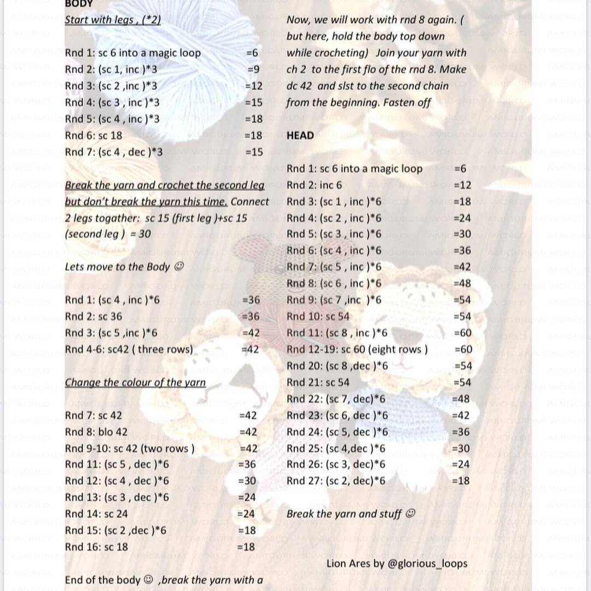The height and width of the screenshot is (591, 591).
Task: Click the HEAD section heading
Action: click(300, 136)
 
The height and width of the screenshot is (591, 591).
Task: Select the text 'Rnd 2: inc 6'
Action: click(314, 185)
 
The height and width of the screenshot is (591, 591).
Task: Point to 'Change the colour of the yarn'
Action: click(135, 383)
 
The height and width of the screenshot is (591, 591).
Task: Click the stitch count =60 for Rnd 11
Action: click(462, 333)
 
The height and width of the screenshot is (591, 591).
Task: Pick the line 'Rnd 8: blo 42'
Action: click(96, 432)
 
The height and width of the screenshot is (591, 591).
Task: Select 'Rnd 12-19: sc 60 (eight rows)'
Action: click(357, 349)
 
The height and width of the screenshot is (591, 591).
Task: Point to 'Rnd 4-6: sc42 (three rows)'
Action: click(129, 349)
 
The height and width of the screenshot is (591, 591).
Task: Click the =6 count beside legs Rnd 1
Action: click(252, 53)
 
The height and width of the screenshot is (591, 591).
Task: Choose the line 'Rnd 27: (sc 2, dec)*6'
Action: click(336, 480)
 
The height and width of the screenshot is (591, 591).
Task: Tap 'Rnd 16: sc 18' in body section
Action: click(96, 547)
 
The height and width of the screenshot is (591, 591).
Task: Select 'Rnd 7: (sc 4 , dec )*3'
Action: click(114, 152)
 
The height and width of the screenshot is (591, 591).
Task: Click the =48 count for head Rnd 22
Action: click(461, 399)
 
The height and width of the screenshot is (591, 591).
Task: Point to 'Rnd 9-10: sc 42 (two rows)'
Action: click(130, 448)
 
